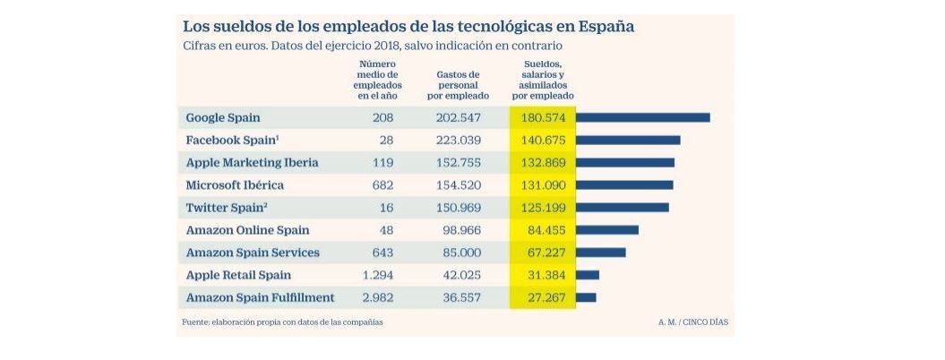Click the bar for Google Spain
pos(642,117)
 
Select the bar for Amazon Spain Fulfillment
pos(586,297)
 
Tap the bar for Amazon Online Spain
pos(606,230)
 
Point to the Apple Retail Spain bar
pos(588,275)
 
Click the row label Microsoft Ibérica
pos(235,185)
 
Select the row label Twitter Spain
pos(228,208)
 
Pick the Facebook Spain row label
pos(232,140)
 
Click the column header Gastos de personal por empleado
pos(458,85)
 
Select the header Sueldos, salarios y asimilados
pos(543,80)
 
